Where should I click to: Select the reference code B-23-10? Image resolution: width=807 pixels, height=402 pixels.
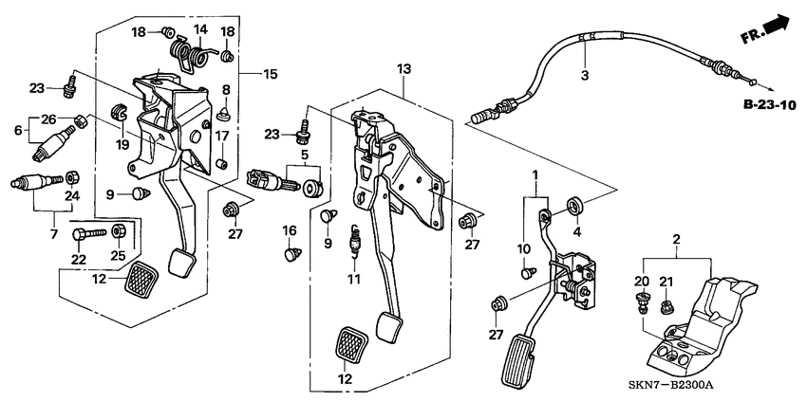click(x=769, y=106)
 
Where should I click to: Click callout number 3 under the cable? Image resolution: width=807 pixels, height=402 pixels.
click(x=584, y=76)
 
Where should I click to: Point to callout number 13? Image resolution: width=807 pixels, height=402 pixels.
click(x=404, y=69)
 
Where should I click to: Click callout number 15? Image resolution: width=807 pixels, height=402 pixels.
click(x=270, y=75)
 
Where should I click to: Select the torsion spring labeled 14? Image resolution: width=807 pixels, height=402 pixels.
click(x=192, y=52)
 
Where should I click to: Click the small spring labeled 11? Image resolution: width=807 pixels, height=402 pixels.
click(x=353, y=240)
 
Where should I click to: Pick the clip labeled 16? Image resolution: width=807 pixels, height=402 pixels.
click(x=291, y=253)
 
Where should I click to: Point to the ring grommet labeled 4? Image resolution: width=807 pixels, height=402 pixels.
click(x=574, y=205)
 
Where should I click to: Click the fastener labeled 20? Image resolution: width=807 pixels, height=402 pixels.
click(x=641, y=303)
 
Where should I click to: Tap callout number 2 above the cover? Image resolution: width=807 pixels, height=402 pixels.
click(x=676, y=239)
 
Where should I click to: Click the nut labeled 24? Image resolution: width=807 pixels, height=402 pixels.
click(x=72, y=177)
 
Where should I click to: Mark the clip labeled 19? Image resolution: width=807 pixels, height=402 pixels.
click(x=119, y=111)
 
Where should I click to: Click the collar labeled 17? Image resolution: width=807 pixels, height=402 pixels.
click(x=222, y=166)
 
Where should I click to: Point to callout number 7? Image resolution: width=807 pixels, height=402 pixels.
click(x=54, y=235)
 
